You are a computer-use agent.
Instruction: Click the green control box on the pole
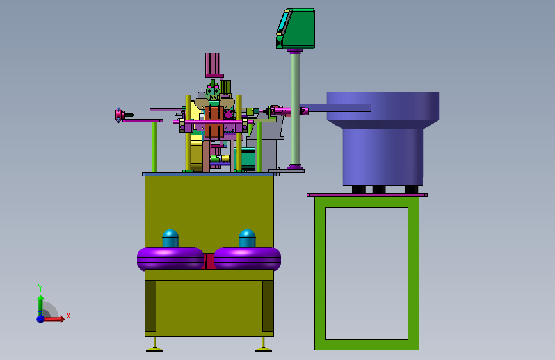(x=296, y=29)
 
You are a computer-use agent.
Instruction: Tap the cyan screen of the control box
(x=283, y=22)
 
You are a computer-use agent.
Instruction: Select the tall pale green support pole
(x=295, y=109)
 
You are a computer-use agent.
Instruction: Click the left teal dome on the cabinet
(x=170, y=238)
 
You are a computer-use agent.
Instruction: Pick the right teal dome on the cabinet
(x=247, y=238)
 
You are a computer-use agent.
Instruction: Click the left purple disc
(x=170, y=259)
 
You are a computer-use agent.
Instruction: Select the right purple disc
(x=248, y=259)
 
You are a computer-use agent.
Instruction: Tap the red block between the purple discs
(x=209, y=261)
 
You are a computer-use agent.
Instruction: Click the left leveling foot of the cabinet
(x=155, y=345)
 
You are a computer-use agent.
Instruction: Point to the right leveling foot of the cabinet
(x=263, y=345)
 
